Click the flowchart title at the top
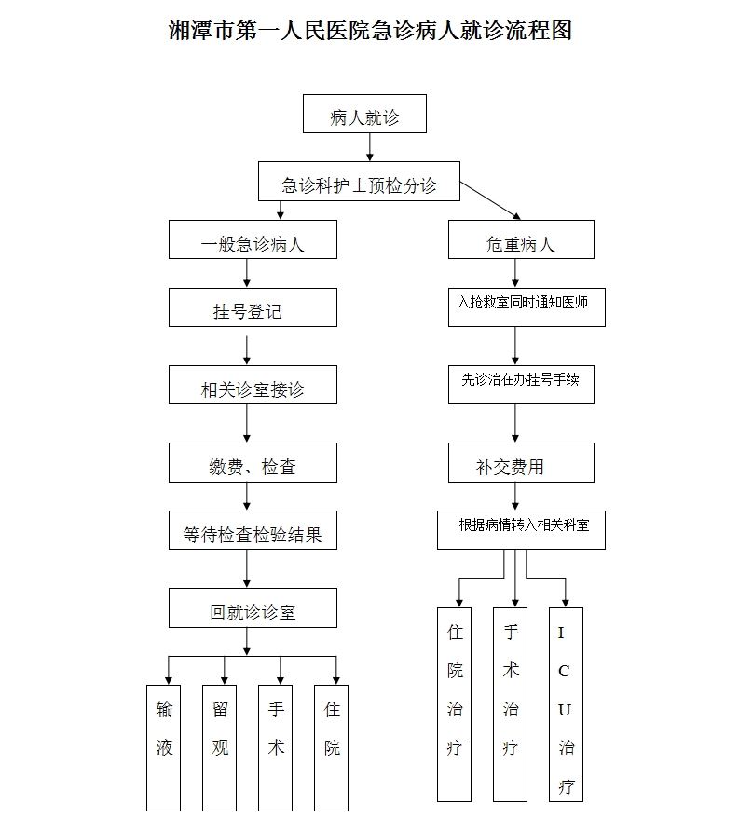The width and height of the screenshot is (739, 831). (x=370, y=30)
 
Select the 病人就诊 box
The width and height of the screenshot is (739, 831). (x=364, y=114)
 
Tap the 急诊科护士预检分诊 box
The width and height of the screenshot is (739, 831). (x=359, y=182)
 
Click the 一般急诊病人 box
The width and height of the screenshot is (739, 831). (x=253, y=239)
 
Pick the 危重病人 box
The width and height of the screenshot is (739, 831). (x=521, y=239)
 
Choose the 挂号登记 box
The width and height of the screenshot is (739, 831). (x=253, y=307)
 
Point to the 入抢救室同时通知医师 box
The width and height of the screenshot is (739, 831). (x=527, y=307)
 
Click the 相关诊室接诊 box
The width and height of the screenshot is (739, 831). (x=253, y=385)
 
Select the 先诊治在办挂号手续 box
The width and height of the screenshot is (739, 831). (x=521, y=385)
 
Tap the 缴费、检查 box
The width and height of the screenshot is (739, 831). (x=253, y=463)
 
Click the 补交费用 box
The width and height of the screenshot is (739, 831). (x=521, y=463)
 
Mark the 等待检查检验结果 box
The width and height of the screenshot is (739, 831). (x=253, y=530)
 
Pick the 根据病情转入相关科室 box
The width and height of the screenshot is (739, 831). (x=521, y=530)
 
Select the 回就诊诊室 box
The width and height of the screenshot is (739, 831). (x=253, y=608)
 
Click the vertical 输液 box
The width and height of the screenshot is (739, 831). (x=163, y=748)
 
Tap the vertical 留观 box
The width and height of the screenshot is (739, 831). (x=220, y=748)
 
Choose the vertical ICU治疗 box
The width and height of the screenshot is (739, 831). (x=566, y=704)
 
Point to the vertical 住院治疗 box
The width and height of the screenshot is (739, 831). (x=455, y=704)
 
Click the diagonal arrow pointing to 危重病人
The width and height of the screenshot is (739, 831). (x=490, y=200)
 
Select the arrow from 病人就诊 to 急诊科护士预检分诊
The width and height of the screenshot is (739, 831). (x=370, y=147)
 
